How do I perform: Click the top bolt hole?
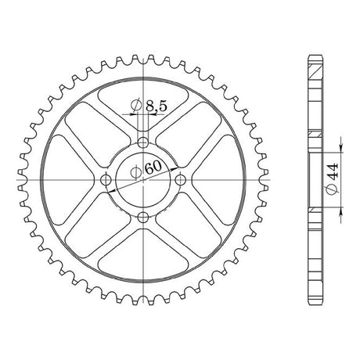(x=143, y=142)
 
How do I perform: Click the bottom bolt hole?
(x=143, y=217)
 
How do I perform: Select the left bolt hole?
(x=106, y=179)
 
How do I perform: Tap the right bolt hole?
(x=180, y=179)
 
